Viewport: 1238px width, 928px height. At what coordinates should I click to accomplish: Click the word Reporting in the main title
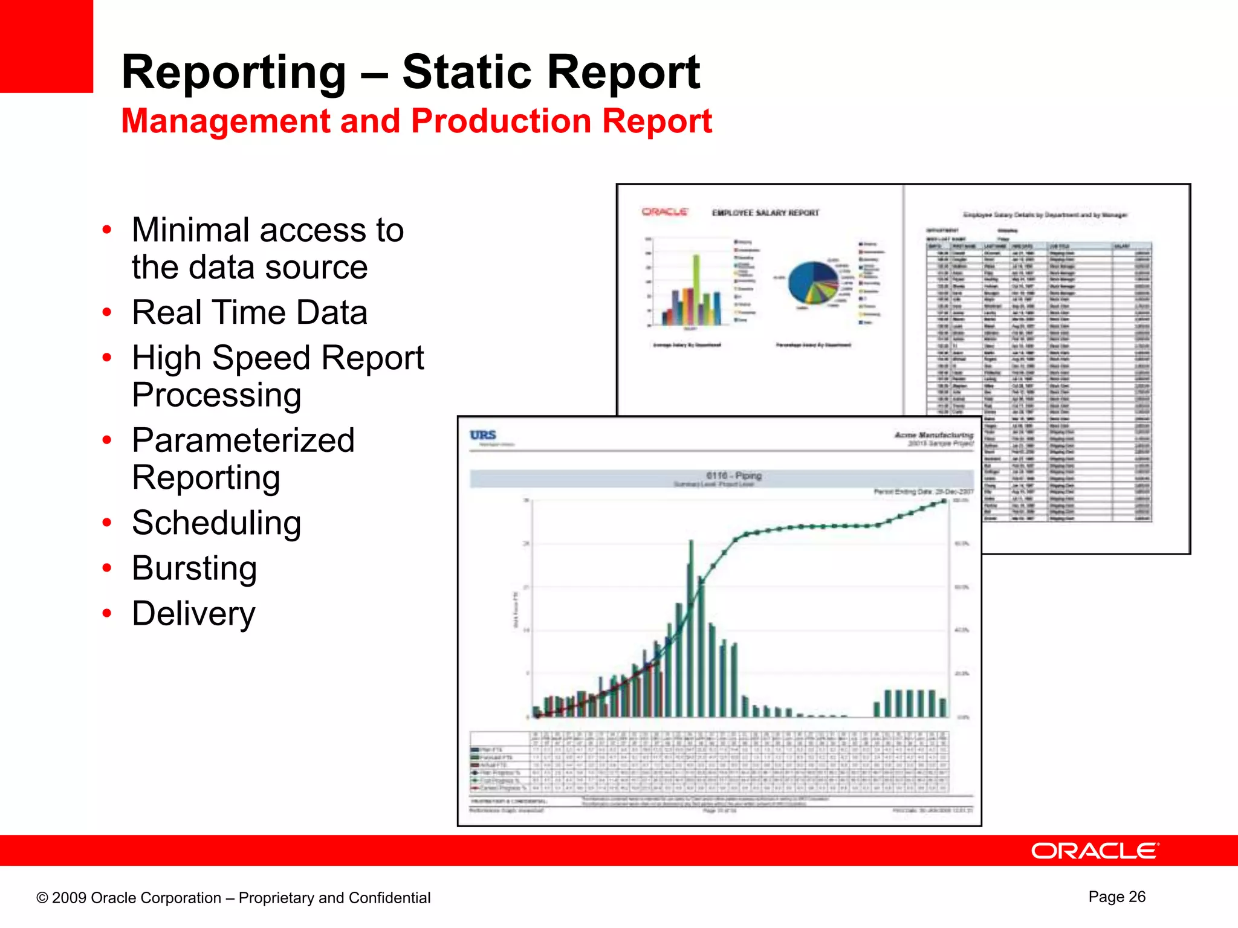click(233, 72)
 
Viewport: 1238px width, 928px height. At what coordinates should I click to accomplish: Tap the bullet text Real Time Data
click(249, 312)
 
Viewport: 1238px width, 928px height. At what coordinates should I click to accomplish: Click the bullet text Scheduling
click(216, 523)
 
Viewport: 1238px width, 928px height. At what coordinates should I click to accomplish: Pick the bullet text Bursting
click(194, 568)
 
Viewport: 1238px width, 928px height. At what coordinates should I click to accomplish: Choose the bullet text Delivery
click(193, 614)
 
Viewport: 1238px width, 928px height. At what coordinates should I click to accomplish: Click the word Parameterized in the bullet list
click(243, 440)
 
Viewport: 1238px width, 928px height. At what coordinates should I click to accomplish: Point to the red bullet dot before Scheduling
click(107, 523)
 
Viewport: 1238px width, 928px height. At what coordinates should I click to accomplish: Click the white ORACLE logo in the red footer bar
click(1094, 851)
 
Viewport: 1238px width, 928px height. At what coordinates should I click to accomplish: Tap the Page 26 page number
click(1116, 897)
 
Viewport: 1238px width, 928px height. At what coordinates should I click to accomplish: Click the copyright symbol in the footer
click(42, 898)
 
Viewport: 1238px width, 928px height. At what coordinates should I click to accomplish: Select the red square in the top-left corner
click(46, 46)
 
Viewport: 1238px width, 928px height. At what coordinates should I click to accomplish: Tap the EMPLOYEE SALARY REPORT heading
click(765, 213)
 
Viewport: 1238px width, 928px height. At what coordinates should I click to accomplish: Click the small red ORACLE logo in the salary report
click(664, 212)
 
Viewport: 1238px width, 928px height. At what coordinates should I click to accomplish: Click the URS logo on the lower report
click(483, 435)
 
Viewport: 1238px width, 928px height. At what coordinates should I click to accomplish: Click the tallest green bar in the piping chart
click(691, 628)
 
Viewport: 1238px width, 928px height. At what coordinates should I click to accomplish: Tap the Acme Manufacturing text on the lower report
click(933, 435)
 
